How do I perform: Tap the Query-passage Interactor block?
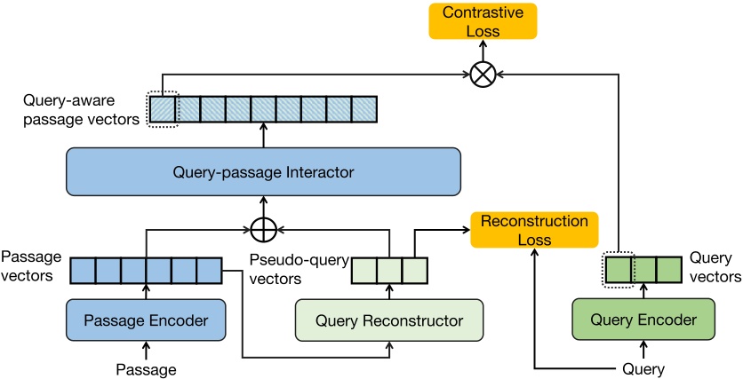pyautogui.click(x=263, y=170)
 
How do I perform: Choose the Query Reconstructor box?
pyautogui.click(x=389, y=320)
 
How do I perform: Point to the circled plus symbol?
pyautogui.click(x=262, y=230)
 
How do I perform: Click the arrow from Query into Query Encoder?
pyautogui.click(x=632, y=349)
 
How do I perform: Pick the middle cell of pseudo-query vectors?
pyautogui.click(x=389, y=270)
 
